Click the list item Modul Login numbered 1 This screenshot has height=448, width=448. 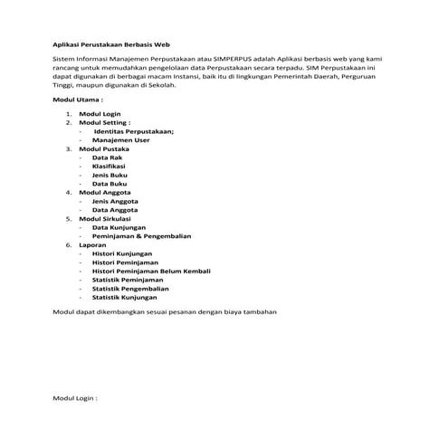point(100,115)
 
